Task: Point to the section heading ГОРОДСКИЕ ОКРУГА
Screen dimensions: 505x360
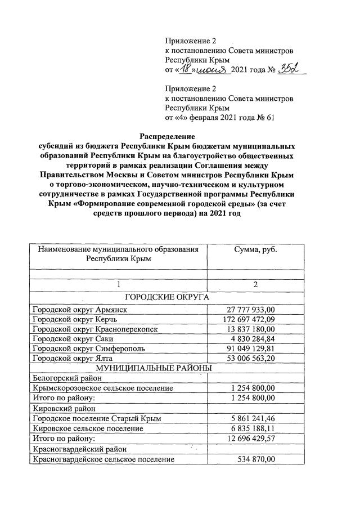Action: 167,297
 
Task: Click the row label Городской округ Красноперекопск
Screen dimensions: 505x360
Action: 95,329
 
